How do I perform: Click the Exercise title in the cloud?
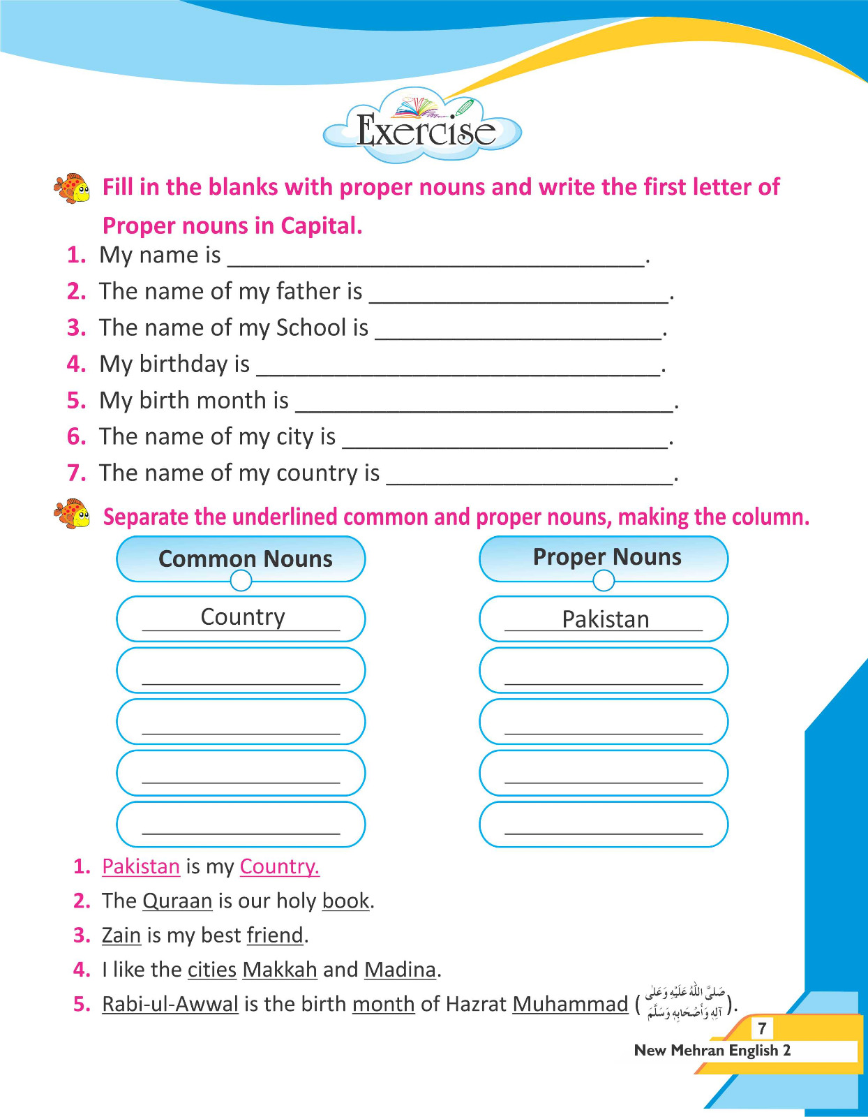425,130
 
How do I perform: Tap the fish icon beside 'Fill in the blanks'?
72,188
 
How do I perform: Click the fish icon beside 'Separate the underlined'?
72,514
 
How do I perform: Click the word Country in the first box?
243,617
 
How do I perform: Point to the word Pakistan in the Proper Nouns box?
605,619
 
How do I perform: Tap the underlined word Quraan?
177,901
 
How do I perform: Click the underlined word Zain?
121,935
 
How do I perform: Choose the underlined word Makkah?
280,969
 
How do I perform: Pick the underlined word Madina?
401,969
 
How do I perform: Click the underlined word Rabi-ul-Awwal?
170,1004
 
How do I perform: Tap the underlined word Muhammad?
570,1004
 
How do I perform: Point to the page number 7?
762,1028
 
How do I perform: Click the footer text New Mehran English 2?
712,1050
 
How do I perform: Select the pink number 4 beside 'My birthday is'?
76,364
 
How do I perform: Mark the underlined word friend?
276,935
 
